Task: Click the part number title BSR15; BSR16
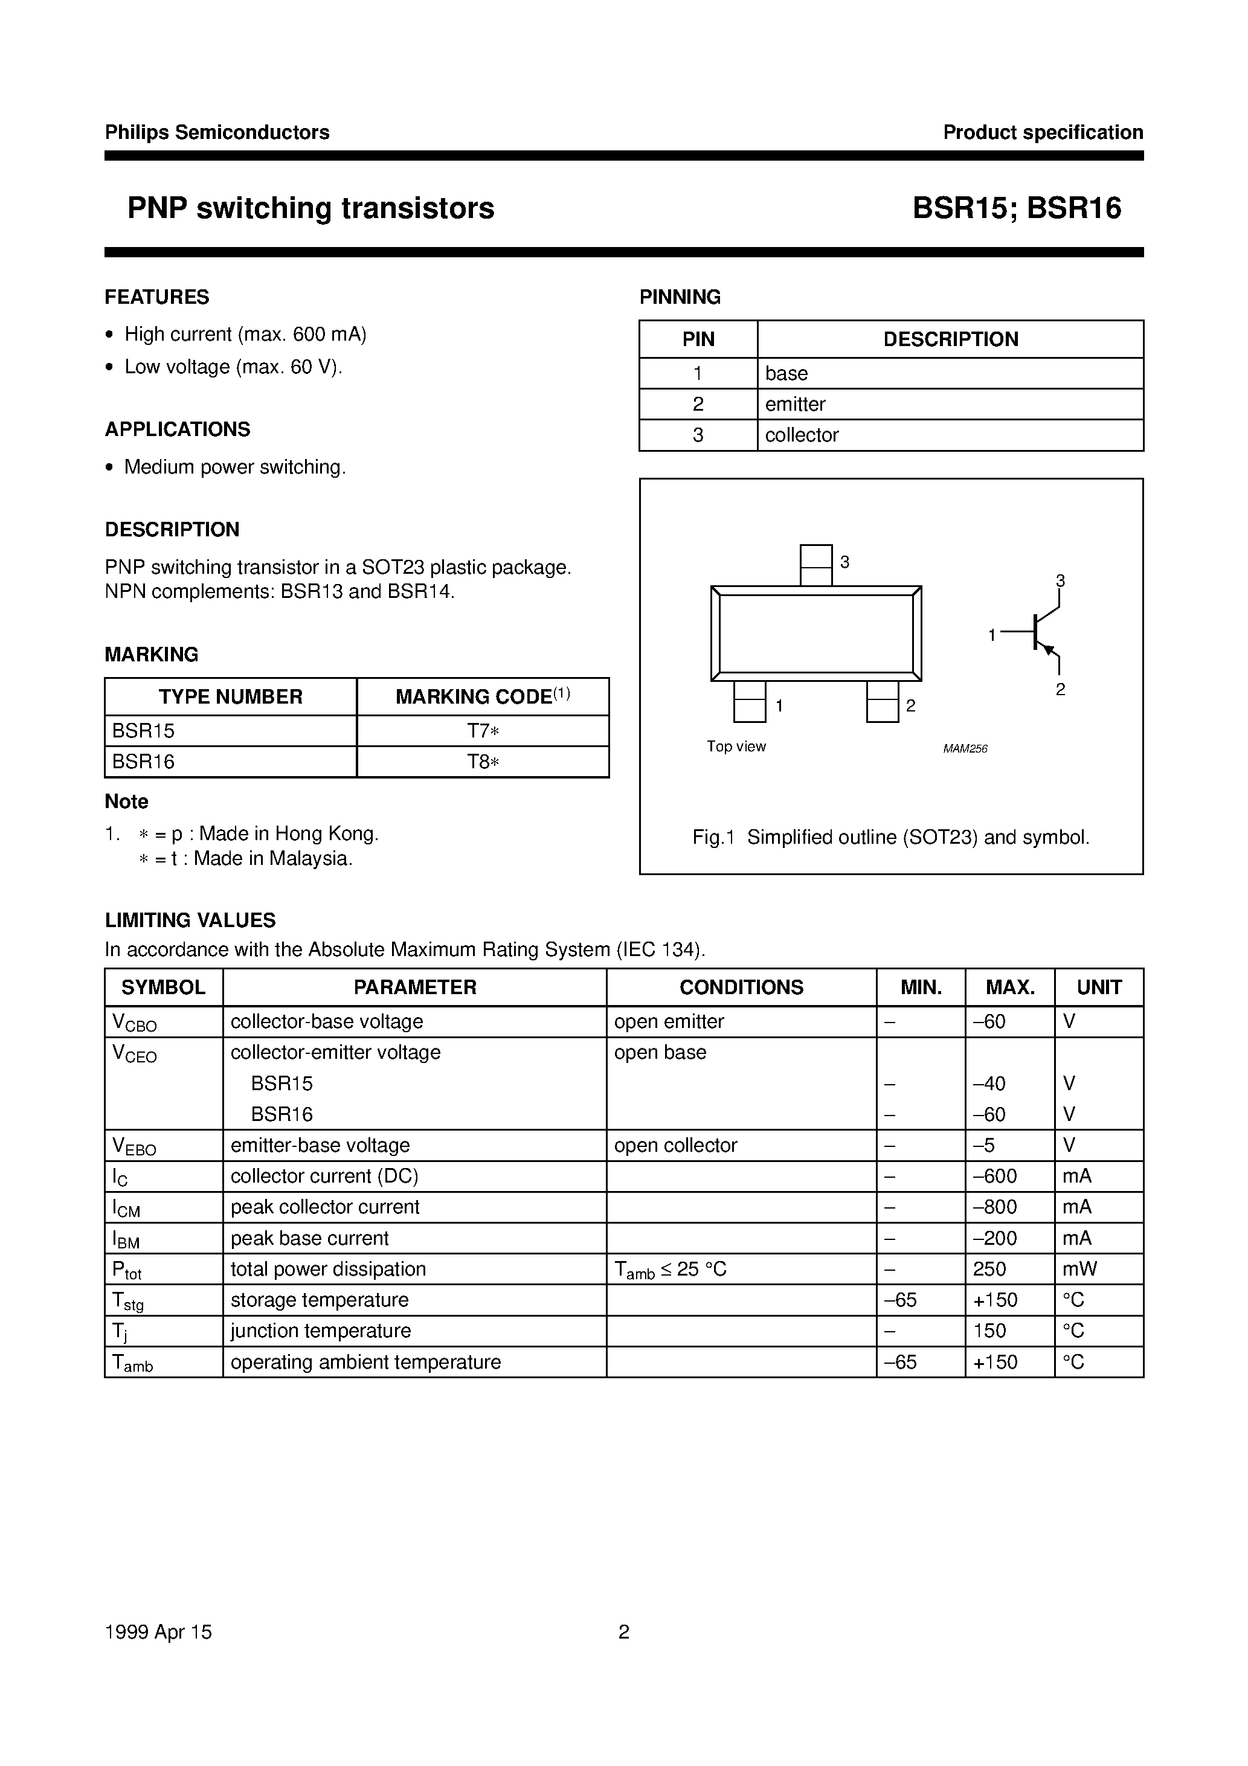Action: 1017,208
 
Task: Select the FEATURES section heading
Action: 157,297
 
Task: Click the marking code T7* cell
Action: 483,731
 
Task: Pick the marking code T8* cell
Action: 483,762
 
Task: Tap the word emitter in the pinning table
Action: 795,404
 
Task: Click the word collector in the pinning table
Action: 801,435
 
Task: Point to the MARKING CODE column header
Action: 483,697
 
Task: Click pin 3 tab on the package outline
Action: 815,565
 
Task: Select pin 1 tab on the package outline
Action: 750,701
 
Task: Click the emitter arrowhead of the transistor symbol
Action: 1046,650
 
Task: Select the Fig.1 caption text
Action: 891,838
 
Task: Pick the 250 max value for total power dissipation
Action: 989,1268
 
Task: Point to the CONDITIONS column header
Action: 741,987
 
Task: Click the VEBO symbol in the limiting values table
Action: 134,1146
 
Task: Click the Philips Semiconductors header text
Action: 217,132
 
